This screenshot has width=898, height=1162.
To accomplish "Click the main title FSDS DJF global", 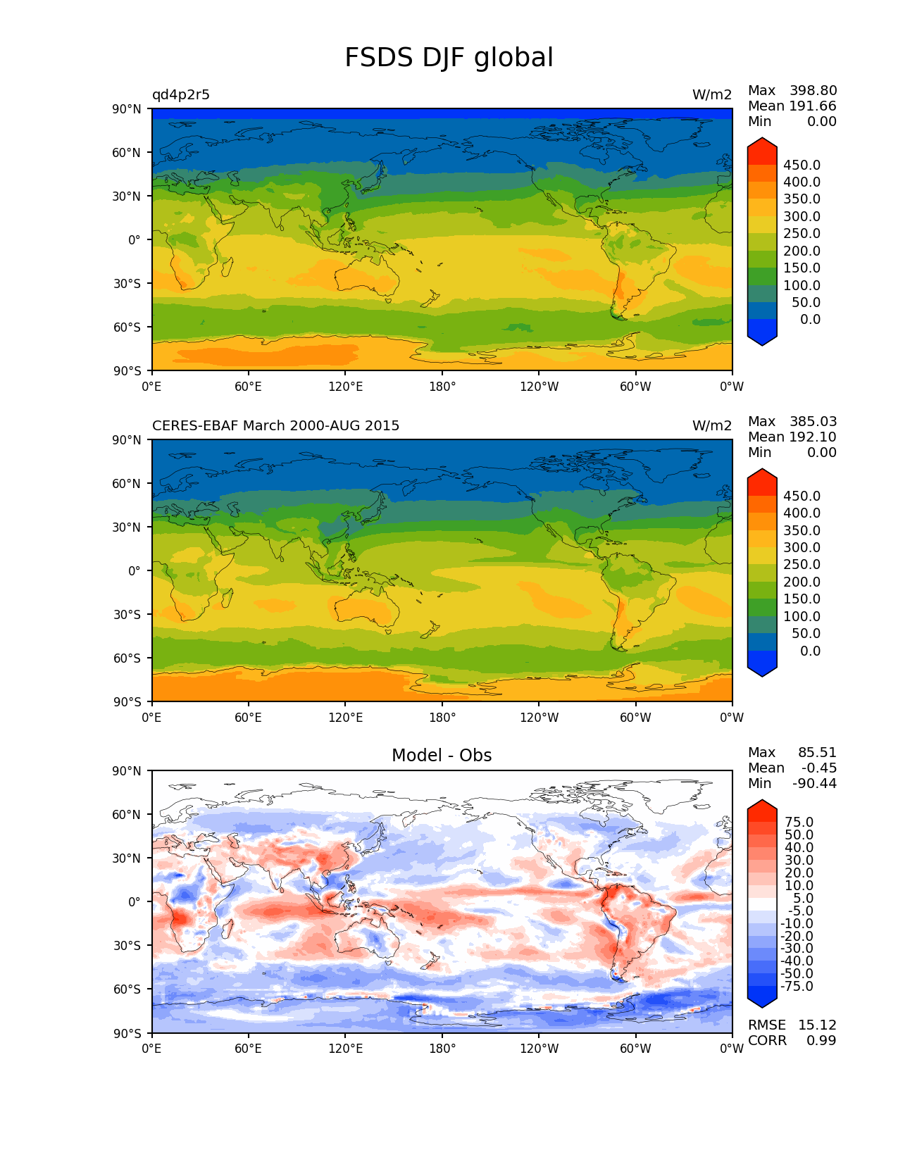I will (449, 58).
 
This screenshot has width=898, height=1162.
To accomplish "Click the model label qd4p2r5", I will (181, 95).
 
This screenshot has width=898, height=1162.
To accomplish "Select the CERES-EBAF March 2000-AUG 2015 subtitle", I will (275, 426).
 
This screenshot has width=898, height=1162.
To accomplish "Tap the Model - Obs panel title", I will (442, 756).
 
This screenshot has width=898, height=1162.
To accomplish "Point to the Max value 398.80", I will (813, 91).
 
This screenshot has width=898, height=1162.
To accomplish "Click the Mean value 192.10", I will (813, 437).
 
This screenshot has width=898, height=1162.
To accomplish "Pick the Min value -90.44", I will (814, 784).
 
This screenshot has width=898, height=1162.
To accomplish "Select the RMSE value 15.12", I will (817, 1025).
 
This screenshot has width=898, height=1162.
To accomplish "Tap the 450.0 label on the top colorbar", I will (802, 165).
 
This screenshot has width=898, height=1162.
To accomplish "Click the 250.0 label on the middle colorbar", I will (802, 565).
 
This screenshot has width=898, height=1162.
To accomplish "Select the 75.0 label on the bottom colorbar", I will (799, 823).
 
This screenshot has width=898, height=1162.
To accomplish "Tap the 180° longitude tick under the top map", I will (442, 387).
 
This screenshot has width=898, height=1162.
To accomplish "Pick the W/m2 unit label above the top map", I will (712, 95).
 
